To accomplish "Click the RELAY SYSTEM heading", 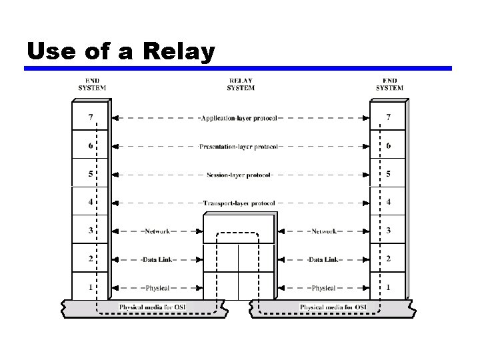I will pyautogui.click(x=240, y=84).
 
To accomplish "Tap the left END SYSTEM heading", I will pyautogui.click(x=92, y=84).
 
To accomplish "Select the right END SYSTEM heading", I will pyautogui.click(x=389, y=84).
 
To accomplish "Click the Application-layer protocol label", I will pyautogui.click(x=239, y=118).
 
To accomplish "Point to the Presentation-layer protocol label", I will pyautogui.click(x=239, y=147).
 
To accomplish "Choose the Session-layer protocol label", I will pyautogui.click(x=239, y=175).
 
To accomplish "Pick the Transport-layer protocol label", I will pyautogui.click(x=239, y=203).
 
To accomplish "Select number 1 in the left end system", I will pyautogui.click(x=91, y=287).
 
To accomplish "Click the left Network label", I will pyautogui.click(x=156, y=231).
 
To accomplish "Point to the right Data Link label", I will pyautogui.click(x=323, y=259).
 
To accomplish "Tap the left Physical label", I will pyautogui.click(x=156, y=288).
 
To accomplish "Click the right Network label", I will pyautogui.click(x=323, y=231).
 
